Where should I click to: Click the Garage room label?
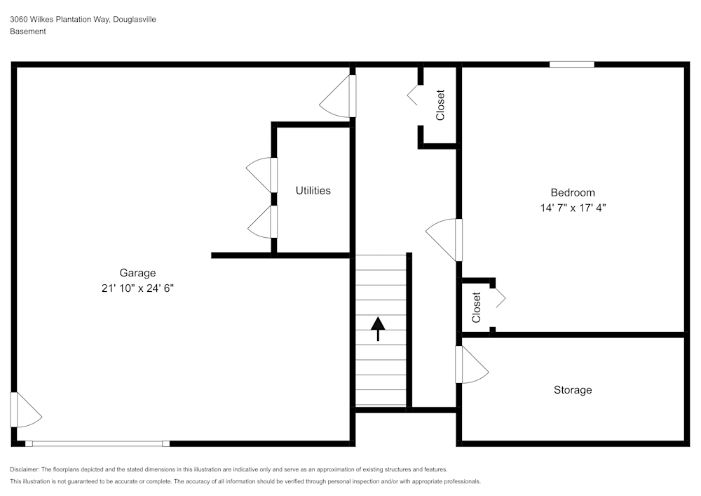click(137, 273)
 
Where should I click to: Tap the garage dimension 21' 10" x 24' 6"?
click(137, 288)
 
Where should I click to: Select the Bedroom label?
click(572, 192)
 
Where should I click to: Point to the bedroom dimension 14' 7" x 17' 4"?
click(572, 208)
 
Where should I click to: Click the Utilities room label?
click(313, 190)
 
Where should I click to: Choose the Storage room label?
click(573, 389)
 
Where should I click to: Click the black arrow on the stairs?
click(378, 328)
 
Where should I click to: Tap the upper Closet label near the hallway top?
click(440, 105)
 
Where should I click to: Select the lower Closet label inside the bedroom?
click(477, 307)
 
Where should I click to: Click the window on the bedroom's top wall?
click(571, 65)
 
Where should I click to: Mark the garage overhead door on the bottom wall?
click(97, 443)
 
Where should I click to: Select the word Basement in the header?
click(28, 32)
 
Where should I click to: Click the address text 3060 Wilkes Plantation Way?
click(60, 20)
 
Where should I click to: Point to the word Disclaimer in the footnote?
click(26, 469)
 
